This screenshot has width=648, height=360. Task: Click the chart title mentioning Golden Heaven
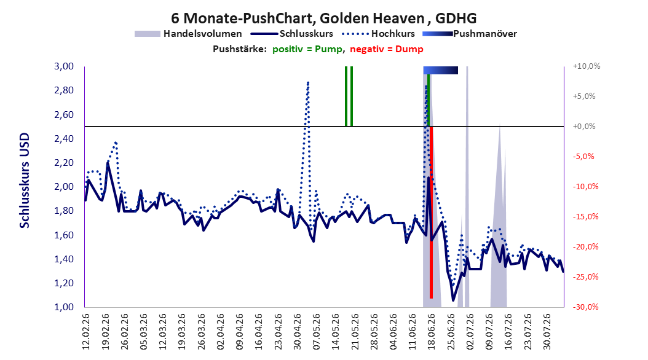pyautogui.click(x=323, y=18)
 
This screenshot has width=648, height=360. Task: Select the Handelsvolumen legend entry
pyautogui.click(x=188, y=34)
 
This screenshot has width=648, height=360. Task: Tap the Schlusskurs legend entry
pyautogui.click(x=291, y=34)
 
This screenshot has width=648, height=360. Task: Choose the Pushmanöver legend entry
pyautogui.click(x=470, y=34)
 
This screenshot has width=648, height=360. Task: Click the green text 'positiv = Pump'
pyautogui.click(x=307, y=49)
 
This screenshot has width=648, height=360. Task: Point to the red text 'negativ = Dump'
pyautogui.click(x=387, y=49)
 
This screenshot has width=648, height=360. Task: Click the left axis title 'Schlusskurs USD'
pyautogui.click(x=25, y=181)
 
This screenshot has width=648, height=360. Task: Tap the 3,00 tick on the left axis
pyautogui.click(x=64, y=66)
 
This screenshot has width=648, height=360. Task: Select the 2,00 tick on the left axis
pyautogui.click(x=64, y=187)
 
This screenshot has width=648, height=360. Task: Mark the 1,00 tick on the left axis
pyautogui.click(x=64, y=307)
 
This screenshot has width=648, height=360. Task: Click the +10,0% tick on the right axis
pyautogui.click(x=587, y=66)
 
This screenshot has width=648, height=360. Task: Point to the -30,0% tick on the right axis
pyautogui.click(x=585, y=307)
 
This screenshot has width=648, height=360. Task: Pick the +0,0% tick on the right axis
pyautogui.click(x=584, y=127)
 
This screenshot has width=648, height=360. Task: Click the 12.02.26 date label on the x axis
pyautogui.click(x=86, y=332)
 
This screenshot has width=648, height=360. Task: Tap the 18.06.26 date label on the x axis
pyautogui.click(x=432, y=332)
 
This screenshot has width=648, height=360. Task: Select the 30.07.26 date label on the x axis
pyautogui.click(x=547, y=332)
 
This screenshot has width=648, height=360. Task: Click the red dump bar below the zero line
pyautogui.click(x=431, y=212)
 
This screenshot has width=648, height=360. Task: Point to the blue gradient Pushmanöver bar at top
pyautogui.click(x=441, y=70)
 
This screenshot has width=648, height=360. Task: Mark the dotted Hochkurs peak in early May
pyautogui.click(x=308, y=82)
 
